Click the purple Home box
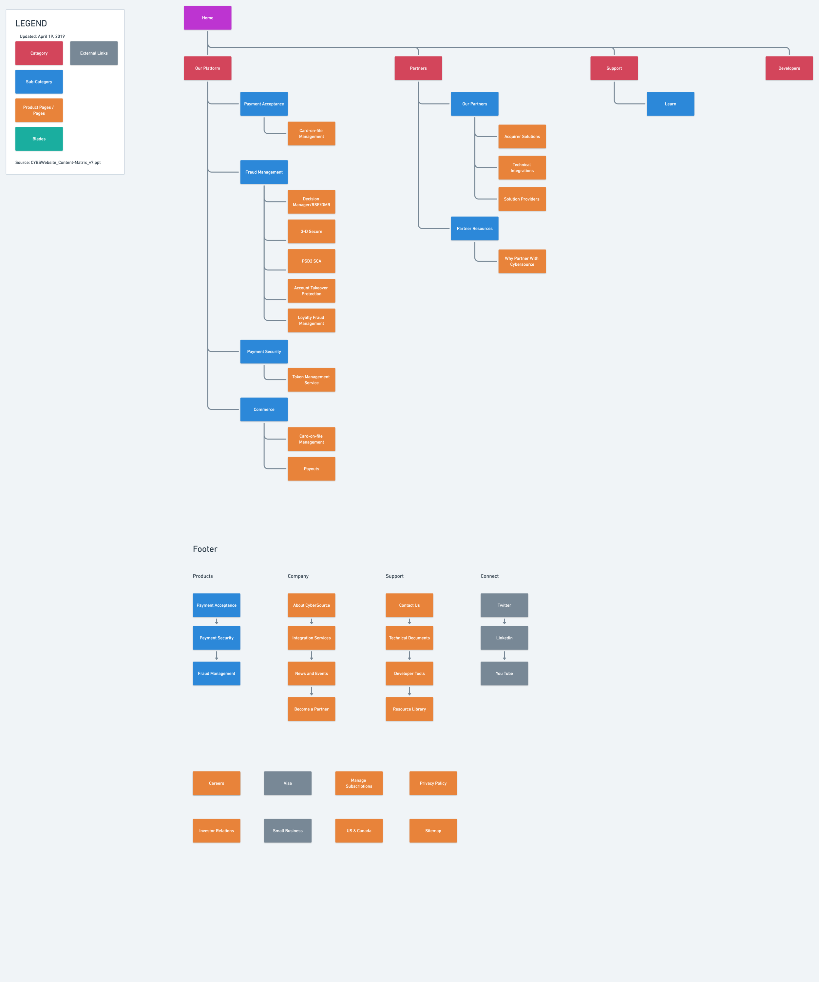207,18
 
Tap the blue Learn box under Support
670,104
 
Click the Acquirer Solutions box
522,137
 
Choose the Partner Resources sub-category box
474,229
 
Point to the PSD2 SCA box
311,261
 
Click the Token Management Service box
311,380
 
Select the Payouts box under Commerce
311,468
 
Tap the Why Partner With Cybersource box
522,261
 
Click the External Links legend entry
94,53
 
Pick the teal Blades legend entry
39,139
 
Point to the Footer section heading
205,549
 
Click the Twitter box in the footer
504,605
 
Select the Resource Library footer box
409,709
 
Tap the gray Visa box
287,783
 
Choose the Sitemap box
433,830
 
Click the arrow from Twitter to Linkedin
504,621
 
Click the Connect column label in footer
489,576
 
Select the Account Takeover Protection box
311,291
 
